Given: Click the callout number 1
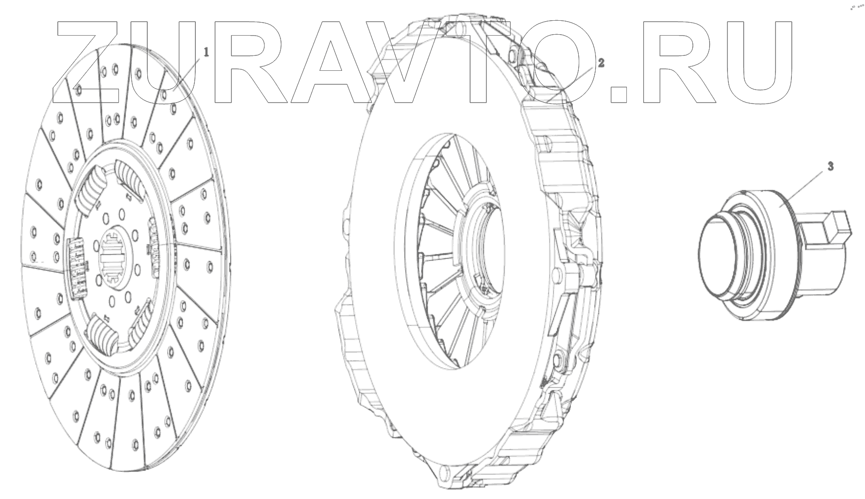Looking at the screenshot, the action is pyautogui.click(x=206, y=53).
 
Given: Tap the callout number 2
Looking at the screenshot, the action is pyautogui.click(x=601, y=63).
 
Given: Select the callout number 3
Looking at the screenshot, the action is pyautogui.click(x=831, y=167).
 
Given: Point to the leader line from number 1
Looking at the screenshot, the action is pyautogui.click(x=189, y=74).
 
